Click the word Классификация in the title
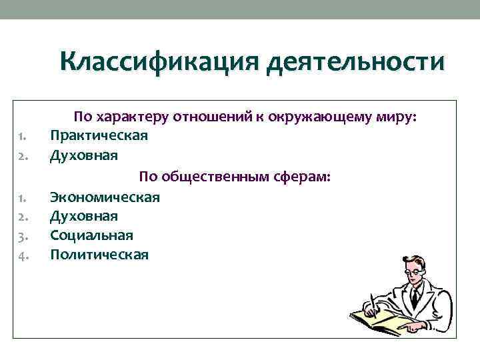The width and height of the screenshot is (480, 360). tap(158, 63)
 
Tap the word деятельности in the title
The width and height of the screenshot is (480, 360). tap(354, 63)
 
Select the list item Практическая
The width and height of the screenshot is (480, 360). tap(99, 135)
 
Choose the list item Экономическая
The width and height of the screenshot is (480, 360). tap(105, 197)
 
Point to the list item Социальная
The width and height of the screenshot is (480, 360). tap(91, 235)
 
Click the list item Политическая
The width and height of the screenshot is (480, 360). tap(99, 255)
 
